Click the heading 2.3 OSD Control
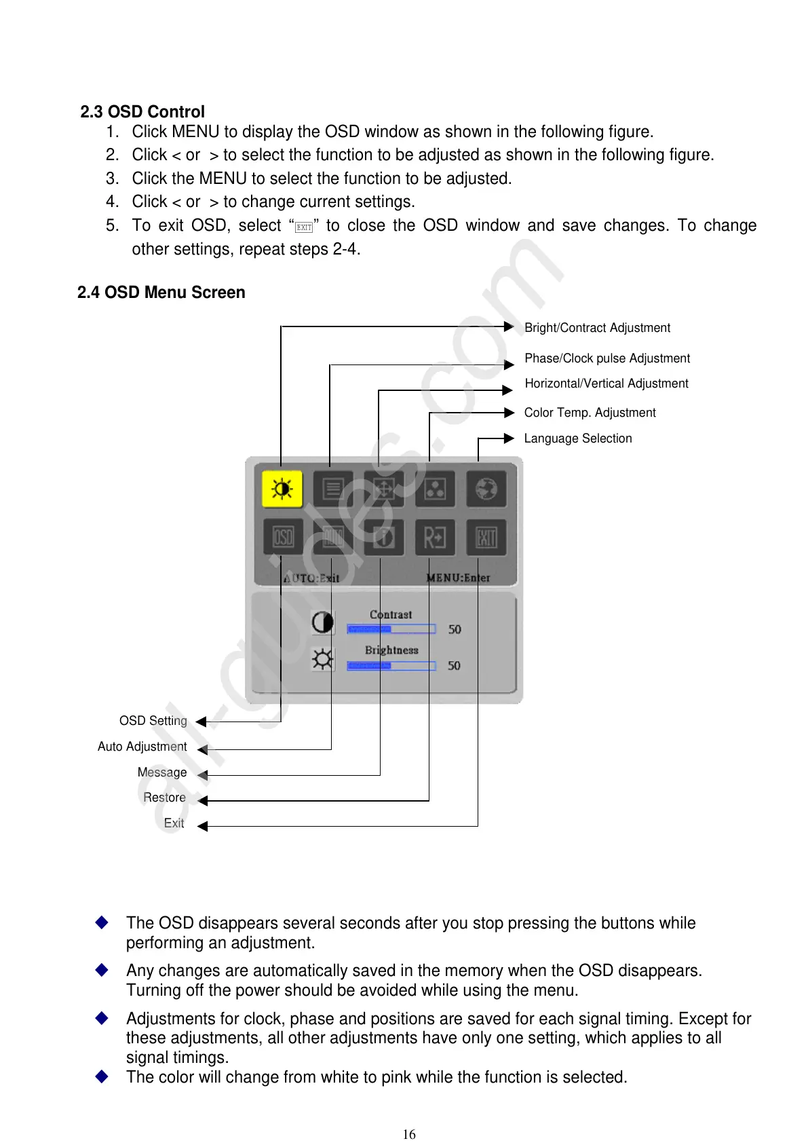click(x=142, y=112)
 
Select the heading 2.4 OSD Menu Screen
click(x=161, y=293)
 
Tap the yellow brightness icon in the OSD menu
click(x=282, y=489)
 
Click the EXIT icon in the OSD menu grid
click(x=486, y=538)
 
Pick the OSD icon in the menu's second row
click(x=283, y=538)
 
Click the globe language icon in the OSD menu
click(x=486, y=489)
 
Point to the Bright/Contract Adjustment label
click(x=597, y=328)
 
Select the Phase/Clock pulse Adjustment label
click(x=607, y=358)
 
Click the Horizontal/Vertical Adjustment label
click(x=607, y=383)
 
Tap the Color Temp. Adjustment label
click(x=590, y=413)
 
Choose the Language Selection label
click(x=578, y=438)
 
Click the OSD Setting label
click(x=153, y=721)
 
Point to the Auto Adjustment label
click(x=142, y=747)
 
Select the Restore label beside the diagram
click(x=164, y=798)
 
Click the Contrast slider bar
click(x=391, y=629)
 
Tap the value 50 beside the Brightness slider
click(x=454, y=666)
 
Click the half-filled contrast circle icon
click(x=323, y=622)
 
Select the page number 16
click(x=409, y=1134)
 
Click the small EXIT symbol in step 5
click(x=304, y=227)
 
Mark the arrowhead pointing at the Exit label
click(x=202, y=826)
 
